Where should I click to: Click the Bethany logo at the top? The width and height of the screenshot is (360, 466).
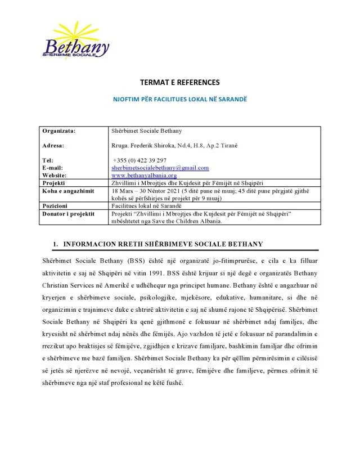coord(75,43)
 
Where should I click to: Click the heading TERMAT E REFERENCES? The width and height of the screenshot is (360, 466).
coord(180,82)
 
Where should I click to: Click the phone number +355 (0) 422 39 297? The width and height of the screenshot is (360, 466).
coord(139,160)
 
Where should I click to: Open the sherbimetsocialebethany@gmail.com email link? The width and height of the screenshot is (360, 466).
coord(160,168)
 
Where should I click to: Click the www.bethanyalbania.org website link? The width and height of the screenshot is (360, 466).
coord(144,175)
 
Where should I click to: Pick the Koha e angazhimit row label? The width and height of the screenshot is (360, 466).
coord(67,191)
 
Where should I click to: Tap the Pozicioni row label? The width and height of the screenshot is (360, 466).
coord(56,207)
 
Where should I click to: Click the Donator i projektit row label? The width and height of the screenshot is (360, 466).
coord(68,214)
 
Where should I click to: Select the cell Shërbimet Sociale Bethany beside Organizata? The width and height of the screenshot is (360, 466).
coord(146,131)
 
